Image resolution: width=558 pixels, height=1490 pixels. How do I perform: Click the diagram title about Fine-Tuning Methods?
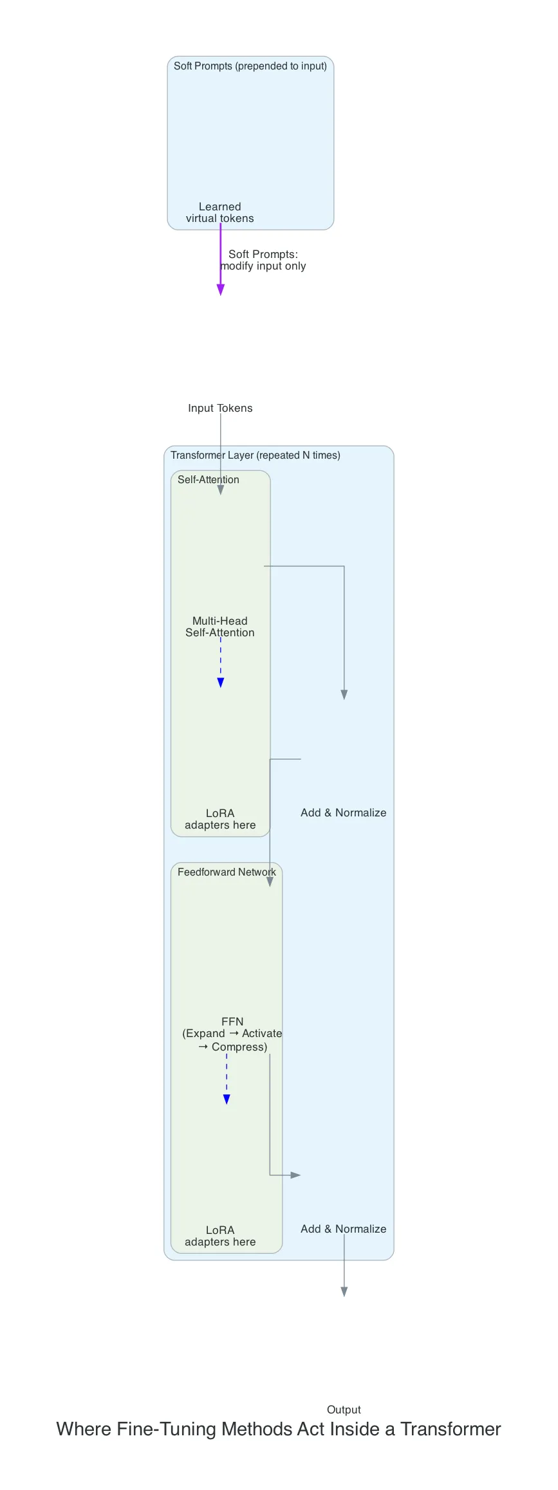(x=279, y=1429)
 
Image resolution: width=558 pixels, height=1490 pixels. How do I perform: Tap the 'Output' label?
(x=344, y=1410)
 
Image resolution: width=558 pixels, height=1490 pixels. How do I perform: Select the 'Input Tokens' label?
(x=220, y=408)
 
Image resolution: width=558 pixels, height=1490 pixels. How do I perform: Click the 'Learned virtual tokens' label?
(x=220, y=212)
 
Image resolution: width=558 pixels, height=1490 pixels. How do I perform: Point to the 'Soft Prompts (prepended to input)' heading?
(x=250, y=66)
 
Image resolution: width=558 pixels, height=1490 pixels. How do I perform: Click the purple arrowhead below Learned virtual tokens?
(x=221, y=290)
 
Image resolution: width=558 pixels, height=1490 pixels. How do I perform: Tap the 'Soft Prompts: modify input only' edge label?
(x=263, y=260)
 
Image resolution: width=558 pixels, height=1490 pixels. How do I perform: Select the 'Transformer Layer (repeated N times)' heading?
(x=256, y=455)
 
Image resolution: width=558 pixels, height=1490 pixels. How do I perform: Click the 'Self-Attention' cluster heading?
(x=209, y=479)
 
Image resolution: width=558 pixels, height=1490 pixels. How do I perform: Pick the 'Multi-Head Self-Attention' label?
(x=220, y=627)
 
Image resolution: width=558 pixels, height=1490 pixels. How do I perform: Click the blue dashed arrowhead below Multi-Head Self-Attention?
(x=221, y=683)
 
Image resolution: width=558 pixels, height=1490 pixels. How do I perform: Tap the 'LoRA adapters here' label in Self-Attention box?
(x=220, y=819)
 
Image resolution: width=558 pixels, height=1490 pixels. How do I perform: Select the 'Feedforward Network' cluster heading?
(x=227, y=872)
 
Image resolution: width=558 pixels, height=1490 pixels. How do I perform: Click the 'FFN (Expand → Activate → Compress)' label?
(x=232, y=1033)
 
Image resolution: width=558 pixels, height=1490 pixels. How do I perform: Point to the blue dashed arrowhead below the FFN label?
(x=227, y=1099)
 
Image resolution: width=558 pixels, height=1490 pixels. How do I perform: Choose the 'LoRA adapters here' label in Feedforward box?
(x=220, y=1236)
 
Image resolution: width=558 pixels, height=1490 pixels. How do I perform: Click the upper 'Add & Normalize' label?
(x=344, y=813)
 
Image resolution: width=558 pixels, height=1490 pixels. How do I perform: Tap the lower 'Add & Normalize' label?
(x=344, y=1229)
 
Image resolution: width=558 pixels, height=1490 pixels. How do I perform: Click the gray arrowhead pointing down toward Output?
(x=344, y=1291)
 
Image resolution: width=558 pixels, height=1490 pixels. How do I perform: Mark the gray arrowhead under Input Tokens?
(x=221, y=490)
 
